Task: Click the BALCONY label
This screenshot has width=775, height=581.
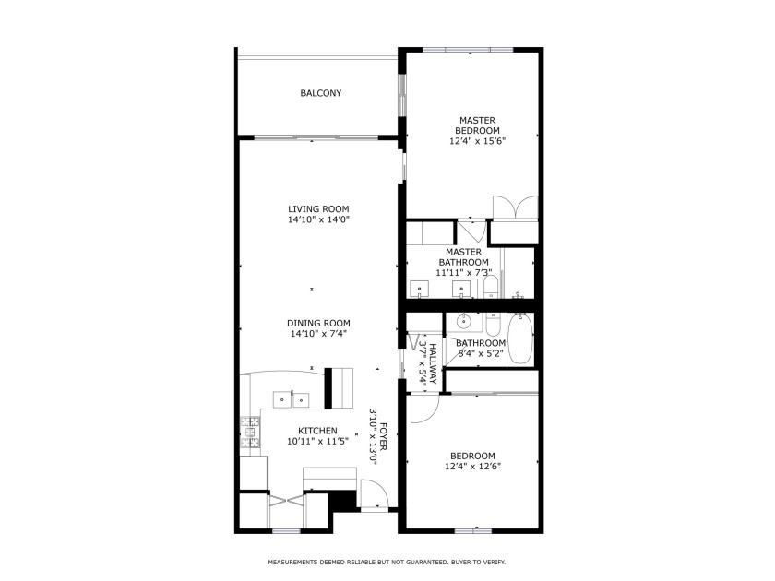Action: pyautogui.click(x=320, y=93)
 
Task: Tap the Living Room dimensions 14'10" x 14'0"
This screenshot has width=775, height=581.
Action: pyautogui.click(x=318, y=220)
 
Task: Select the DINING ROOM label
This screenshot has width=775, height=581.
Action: pyautogui.click(x=318, y=323)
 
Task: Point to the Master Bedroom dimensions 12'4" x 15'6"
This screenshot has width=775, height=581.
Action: pyautogui.click(x=477, y=141)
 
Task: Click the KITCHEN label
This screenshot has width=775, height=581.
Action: pyautogui.click(x=316, y=431)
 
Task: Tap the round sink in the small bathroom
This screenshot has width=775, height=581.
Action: pyautogui.click(x=465, y=323)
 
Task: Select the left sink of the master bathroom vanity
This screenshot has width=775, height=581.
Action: pyautogui.click(x=420, y=290)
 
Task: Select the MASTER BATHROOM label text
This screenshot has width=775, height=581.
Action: pyautogui.click(x=463, y=256)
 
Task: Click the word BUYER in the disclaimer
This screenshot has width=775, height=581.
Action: pyautogui.click(x=461, y=562)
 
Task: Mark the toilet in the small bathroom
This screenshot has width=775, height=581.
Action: pyautogui.click(x=493, y=326)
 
